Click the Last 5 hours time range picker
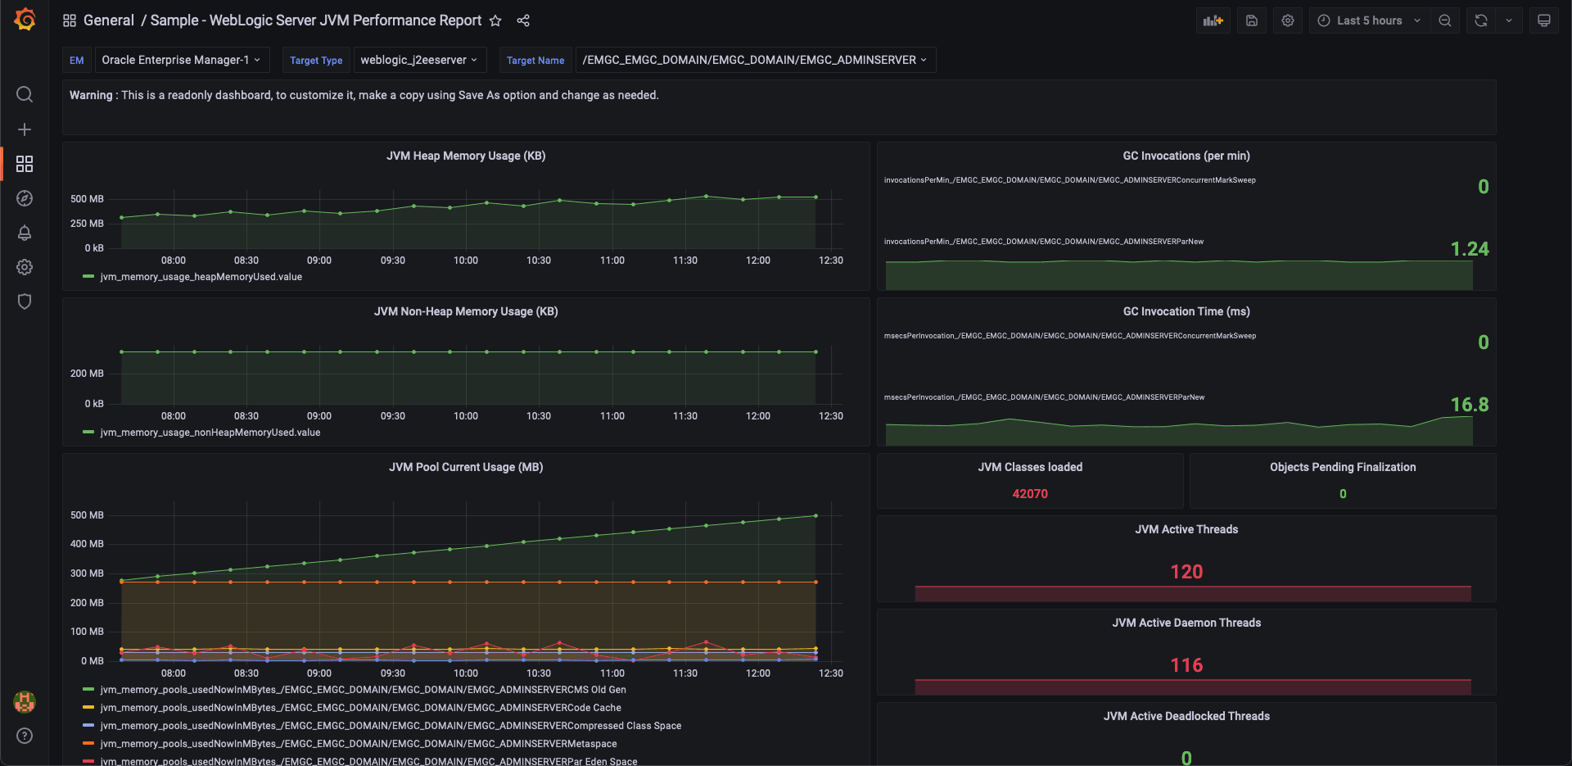(1369, 20)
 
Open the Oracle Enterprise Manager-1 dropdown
(180, 60)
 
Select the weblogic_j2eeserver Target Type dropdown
(419, 60)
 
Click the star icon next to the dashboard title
(495, 21)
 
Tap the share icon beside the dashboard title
(523, 21)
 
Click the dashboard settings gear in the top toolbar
(1288, 20)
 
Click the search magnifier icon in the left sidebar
(25, 94)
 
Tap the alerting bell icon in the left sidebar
(25, 233)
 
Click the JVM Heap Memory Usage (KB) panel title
(466, 156)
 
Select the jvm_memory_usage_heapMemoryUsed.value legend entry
(201, 277)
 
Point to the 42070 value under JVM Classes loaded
(1029, 494)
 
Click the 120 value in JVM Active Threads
(1186, 572)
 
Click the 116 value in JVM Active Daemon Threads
(1186, 665)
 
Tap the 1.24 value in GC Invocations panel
(1469, 249)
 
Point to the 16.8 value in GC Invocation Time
(1469, 405)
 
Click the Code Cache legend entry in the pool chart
(360, 708)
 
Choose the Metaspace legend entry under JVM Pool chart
(358, 744)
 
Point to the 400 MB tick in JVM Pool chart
(87, 544)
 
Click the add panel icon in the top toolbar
(1213, 20)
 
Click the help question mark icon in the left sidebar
(25, 736)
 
